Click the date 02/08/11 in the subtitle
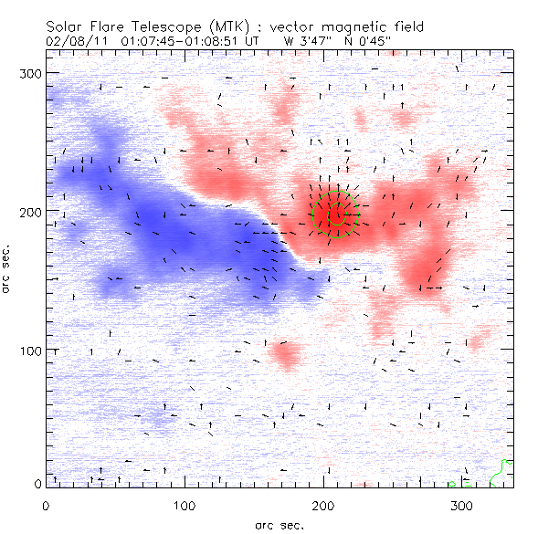coord(68,41)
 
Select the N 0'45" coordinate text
coord(374,41)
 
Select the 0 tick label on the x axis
coord(46,505)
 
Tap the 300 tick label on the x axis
coord(463,505)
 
